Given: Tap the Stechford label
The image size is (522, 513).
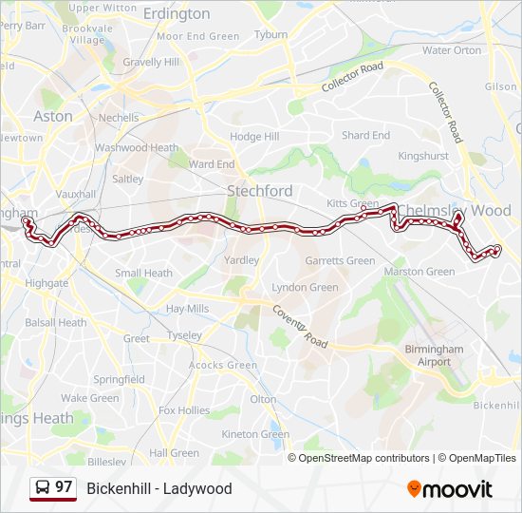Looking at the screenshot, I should point(259,191).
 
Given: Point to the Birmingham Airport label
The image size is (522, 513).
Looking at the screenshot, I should point(434,355).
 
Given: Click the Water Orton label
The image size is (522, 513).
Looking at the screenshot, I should point(452,50).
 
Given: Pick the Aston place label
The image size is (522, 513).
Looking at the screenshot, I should point(52,116).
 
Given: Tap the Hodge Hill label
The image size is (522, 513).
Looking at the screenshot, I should point(254,137).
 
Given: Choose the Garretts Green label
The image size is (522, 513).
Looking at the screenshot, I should point(340,261).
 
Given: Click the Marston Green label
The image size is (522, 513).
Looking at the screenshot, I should point(419,272).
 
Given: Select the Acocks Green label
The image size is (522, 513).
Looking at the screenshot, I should point(223,365).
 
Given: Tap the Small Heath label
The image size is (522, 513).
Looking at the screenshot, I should point(143,274).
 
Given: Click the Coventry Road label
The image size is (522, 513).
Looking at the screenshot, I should point(301,326).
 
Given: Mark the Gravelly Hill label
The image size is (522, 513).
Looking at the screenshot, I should point(151,63).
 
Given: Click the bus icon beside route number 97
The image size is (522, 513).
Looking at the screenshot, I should point(42,488).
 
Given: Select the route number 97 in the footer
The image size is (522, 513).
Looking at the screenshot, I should point(64,487).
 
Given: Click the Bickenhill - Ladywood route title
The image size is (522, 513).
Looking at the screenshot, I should point(159,489).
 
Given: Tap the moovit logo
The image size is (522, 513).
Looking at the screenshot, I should point(450,489).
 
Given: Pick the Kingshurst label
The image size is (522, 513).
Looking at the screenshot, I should point(423,155).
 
